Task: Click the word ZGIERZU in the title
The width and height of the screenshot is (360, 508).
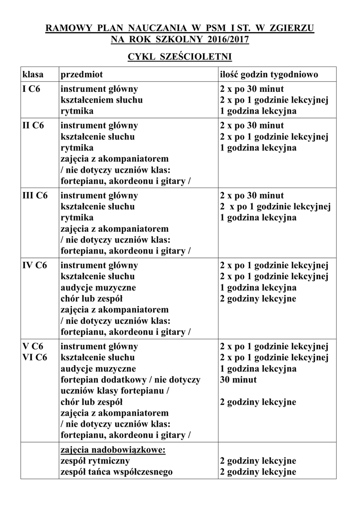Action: (x=291, y=28)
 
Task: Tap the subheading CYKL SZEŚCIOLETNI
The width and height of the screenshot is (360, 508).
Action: (x=180, y=57)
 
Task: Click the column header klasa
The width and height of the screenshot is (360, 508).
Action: (x=33, y=74)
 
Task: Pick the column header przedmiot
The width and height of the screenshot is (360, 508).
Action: (x=81, y=74)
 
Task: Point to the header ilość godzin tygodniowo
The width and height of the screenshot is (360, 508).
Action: (x=269, y=74)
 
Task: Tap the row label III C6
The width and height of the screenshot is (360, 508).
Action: (x=35, y=195)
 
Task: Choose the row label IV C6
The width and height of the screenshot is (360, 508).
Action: (x=34, y=265)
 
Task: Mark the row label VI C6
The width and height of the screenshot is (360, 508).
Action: (x=35, y=357)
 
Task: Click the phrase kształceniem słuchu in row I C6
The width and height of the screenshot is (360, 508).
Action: (x=101, y=100)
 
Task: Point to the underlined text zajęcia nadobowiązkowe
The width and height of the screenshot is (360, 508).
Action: (x=112, y=449)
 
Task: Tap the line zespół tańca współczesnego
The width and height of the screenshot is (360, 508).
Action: (x=116, y=472)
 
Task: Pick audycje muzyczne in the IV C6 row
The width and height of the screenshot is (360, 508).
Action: (x=98, y=287)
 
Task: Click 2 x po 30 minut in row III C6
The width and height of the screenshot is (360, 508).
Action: (x=252, y=195)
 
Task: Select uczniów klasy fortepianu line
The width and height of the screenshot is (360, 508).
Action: (x=115, y=391)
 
